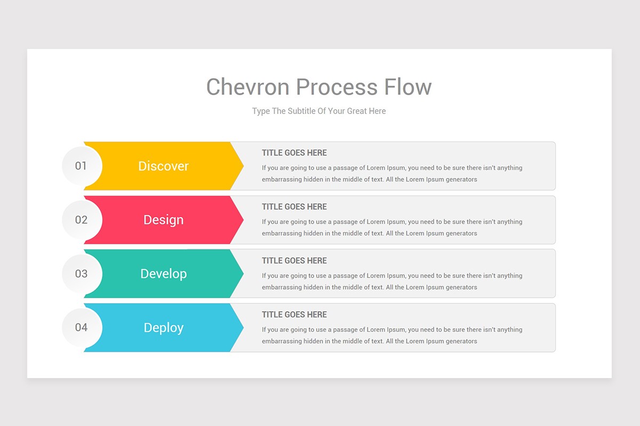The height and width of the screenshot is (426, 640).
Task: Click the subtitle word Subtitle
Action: click(301, 111)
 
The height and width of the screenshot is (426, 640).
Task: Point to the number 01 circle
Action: click(81, 166)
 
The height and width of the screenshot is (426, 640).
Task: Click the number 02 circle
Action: click(81, 219)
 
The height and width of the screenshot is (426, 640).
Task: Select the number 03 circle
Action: click(81, 274)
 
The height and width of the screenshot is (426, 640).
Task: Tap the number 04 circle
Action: click(81, 327)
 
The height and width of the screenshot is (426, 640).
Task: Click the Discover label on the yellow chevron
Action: click(163, 166)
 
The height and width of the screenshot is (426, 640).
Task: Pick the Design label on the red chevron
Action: click(163, 220)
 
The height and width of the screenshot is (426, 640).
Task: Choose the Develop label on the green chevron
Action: click(163, 274)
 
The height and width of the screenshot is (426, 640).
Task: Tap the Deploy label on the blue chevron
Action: click(163, 328)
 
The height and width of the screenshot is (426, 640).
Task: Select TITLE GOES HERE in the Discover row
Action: click(294, 153)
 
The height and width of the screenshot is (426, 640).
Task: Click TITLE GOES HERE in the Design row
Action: click(294, 207)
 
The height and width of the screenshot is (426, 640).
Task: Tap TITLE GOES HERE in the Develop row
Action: click(294, 260)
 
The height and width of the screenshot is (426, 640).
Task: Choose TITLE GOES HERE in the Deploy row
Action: click(294, 315)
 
